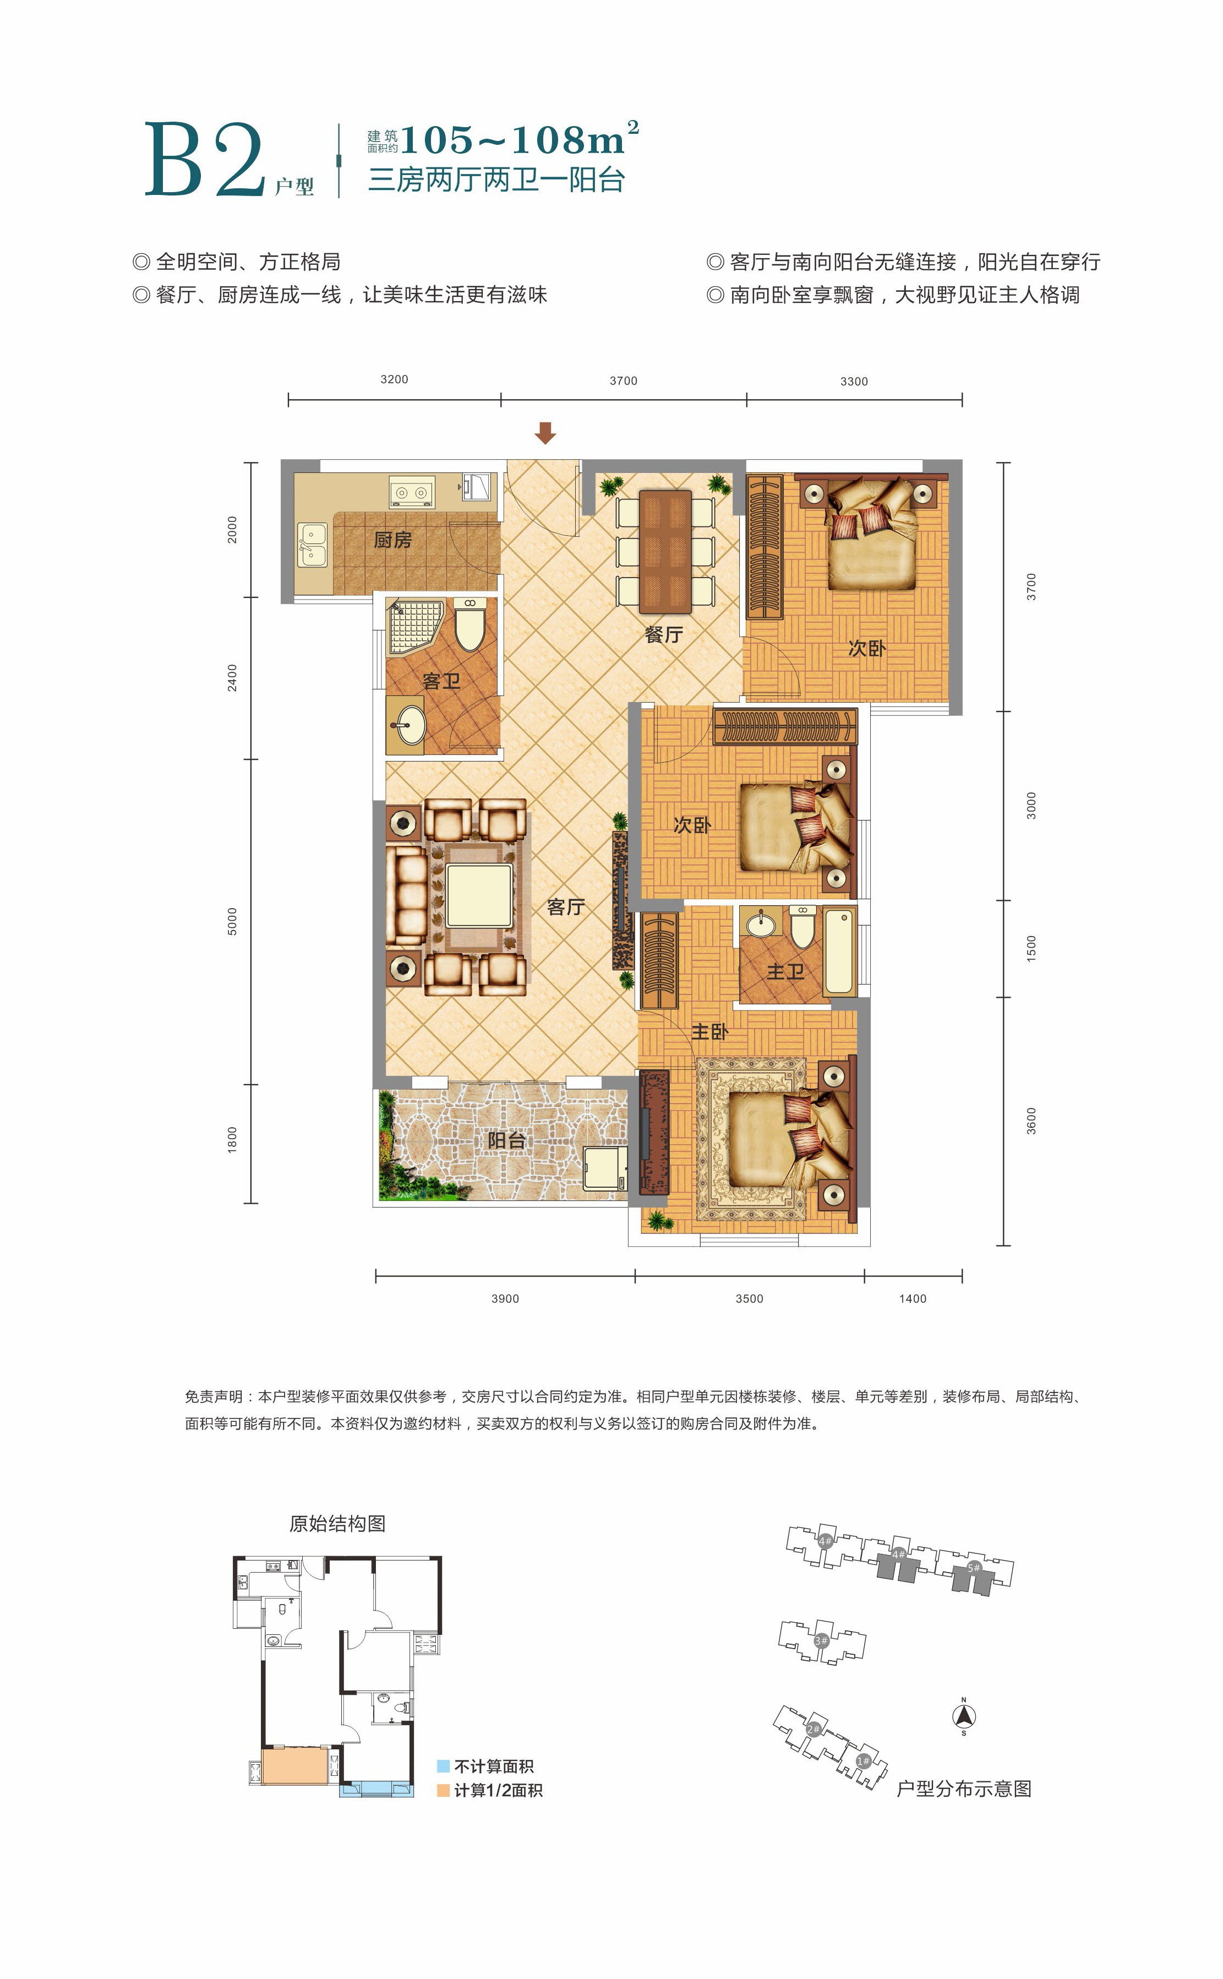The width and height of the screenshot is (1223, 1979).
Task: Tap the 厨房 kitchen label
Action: [393, 540]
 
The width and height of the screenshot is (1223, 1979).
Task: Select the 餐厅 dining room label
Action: [664, 634]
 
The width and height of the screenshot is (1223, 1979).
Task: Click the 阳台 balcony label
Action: [507, 1140]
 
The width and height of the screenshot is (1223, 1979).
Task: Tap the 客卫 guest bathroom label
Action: [441, 681]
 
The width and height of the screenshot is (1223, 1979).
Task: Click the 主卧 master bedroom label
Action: [709, 1031]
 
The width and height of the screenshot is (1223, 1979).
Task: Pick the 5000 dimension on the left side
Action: [232, 922]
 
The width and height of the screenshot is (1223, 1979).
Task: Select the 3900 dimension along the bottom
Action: [505, 1298]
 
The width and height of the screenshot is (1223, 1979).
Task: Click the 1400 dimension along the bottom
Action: [913, 1298]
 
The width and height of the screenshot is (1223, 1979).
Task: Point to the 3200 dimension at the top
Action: [394, 379]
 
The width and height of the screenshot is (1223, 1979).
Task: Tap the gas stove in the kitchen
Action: [412, 491]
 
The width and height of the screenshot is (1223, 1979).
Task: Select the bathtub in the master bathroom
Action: [839, 952]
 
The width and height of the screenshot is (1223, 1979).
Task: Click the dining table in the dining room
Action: [665, 552]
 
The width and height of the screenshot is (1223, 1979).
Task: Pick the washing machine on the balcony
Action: [605, 1167]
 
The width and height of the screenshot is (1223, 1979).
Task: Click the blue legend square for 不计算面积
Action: [443, 1766]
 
